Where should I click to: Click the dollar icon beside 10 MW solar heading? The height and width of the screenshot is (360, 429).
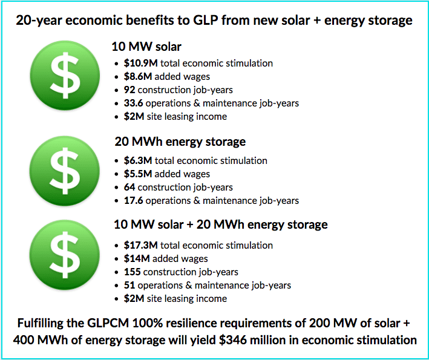tap(65, 76)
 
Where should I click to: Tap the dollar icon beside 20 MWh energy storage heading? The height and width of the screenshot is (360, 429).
tap(65, 171)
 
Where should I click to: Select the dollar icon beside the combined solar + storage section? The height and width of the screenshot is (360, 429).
tap(65, 255)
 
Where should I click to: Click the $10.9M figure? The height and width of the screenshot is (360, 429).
tap(140, 63)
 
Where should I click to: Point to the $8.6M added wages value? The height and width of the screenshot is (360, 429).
tap(138, 77)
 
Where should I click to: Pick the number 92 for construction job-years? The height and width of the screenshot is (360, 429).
tap(129, 90)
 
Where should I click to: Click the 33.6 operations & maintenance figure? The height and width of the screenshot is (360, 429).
tap(133, 103)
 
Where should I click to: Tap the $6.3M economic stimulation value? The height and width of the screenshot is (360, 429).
tap(138, 160)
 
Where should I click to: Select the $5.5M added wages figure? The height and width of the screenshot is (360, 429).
tap(138, 174)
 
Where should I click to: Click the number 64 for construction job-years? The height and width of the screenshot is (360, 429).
tap(129, 188)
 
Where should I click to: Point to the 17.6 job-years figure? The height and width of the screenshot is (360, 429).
tap(133, 200)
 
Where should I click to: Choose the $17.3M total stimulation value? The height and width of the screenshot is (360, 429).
tap(140, 246)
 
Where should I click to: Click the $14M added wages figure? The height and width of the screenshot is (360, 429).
tap(137, 259)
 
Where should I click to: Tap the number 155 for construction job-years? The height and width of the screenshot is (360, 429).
tap(132, 272)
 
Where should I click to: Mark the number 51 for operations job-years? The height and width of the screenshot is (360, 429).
tap(129, 286)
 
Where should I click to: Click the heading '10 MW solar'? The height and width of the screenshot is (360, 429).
tap(146, 47)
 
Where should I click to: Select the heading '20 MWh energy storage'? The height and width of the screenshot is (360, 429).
tap(180, 142)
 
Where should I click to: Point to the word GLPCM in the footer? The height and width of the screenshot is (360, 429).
tap(108, 323)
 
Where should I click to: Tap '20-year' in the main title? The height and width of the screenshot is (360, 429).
tap(39, 21)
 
